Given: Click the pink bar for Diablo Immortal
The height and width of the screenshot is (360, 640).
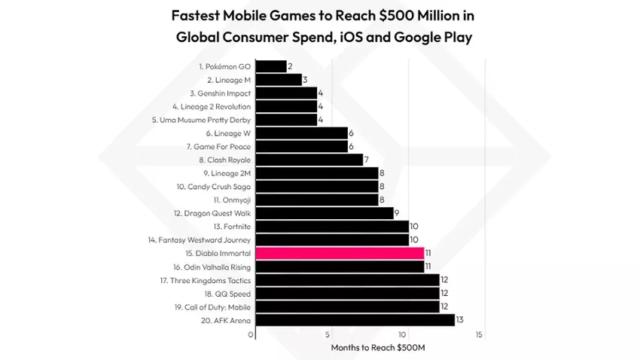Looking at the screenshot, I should click(340, 253).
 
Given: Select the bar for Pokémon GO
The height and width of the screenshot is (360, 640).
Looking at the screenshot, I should click(271, 66).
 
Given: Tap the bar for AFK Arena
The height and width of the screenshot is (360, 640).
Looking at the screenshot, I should click(355, 320).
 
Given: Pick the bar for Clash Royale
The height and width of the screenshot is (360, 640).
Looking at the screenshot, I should click(309, 160).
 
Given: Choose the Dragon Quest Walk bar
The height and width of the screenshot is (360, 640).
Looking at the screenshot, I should click(325, 213).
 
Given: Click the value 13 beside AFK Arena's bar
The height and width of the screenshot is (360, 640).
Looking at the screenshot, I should click(459, 320).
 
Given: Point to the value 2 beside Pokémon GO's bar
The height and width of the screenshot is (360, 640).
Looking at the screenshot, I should click(290, 66).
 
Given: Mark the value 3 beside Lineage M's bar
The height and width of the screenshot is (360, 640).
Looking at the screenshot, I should click(305, 80).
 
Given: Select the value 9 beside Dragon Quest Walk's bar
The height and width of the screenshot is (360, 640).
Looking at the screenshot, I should click(397, 213).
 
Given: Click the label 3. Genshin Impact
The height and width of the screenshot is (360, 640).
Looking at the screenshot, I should click(221, 93).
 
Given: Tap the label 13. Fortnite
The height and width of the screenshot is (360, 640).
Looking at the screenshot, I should click(232, 226).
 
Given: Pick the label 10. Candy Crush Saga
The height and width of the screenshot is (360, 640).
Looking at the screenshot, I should click(214, 186).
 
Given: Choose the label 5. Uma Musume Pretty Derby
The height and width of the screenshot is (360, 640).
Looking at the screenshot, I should click(200, 120).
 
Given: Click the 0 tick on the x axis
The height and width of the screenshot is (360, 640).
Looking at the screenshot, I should click(251, 335).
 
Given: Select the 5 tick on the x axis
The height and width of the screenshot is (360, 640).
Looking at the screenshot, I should click(328, 335).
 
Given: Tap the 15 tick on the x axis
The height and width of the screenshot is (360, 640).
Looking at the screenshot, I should click(480, 335).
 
